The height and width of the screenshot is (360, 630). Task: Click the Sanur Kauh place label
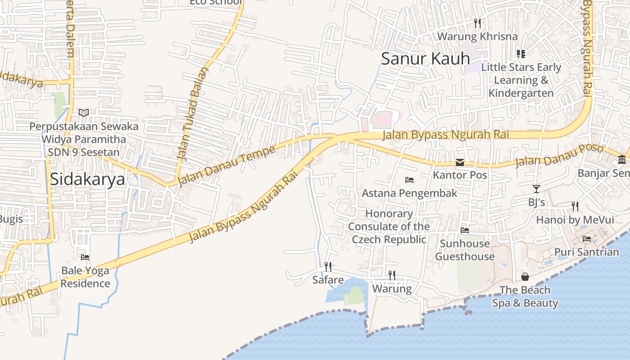coord(425,59)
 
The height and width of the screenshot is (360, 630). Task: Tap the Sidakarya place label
coord(87,179)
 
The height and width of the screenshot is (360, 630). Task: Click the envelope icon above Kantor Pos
coord(460,162)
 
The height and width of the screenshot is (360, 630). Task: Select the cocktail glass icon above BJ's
coord(536,189)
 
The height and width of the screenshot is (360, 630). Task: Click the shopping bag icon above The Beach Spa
coord(525,277)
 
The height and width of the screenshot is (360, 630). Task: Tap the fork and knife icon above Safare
coord(328,267)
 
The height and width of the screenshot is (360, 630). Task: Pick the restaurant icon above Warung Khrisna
coord(477,23)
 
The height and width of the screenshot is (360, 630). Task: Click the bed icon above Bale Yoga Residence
coord(85,257)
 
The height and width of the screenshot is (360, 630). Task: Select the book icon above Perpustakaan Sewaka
coord(84,112)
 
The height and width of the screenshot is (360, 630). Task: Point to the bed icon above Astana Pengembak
coord(409,180)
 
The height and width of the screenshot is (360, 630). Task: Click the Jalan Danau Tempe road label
coord(226,166)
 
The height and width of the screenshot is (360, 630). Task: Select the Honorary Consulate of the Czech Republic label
coord(389,226)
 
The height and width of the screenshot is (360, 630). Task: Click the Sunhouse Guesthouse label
coord(465,250)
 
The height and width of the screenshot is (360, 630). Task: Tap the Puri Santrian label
coord(586,252)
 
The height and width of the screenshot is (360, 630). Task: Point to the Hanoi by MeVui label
coord(575,220)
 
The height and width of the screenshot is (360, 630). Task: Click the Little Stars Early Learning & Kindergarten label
coord(521,80)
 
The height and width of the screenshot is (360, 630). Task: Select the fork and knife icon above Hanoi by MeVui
coord(575,207)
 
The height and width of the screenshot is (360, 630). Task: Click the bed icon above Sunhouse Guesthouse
coord(465,230)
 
